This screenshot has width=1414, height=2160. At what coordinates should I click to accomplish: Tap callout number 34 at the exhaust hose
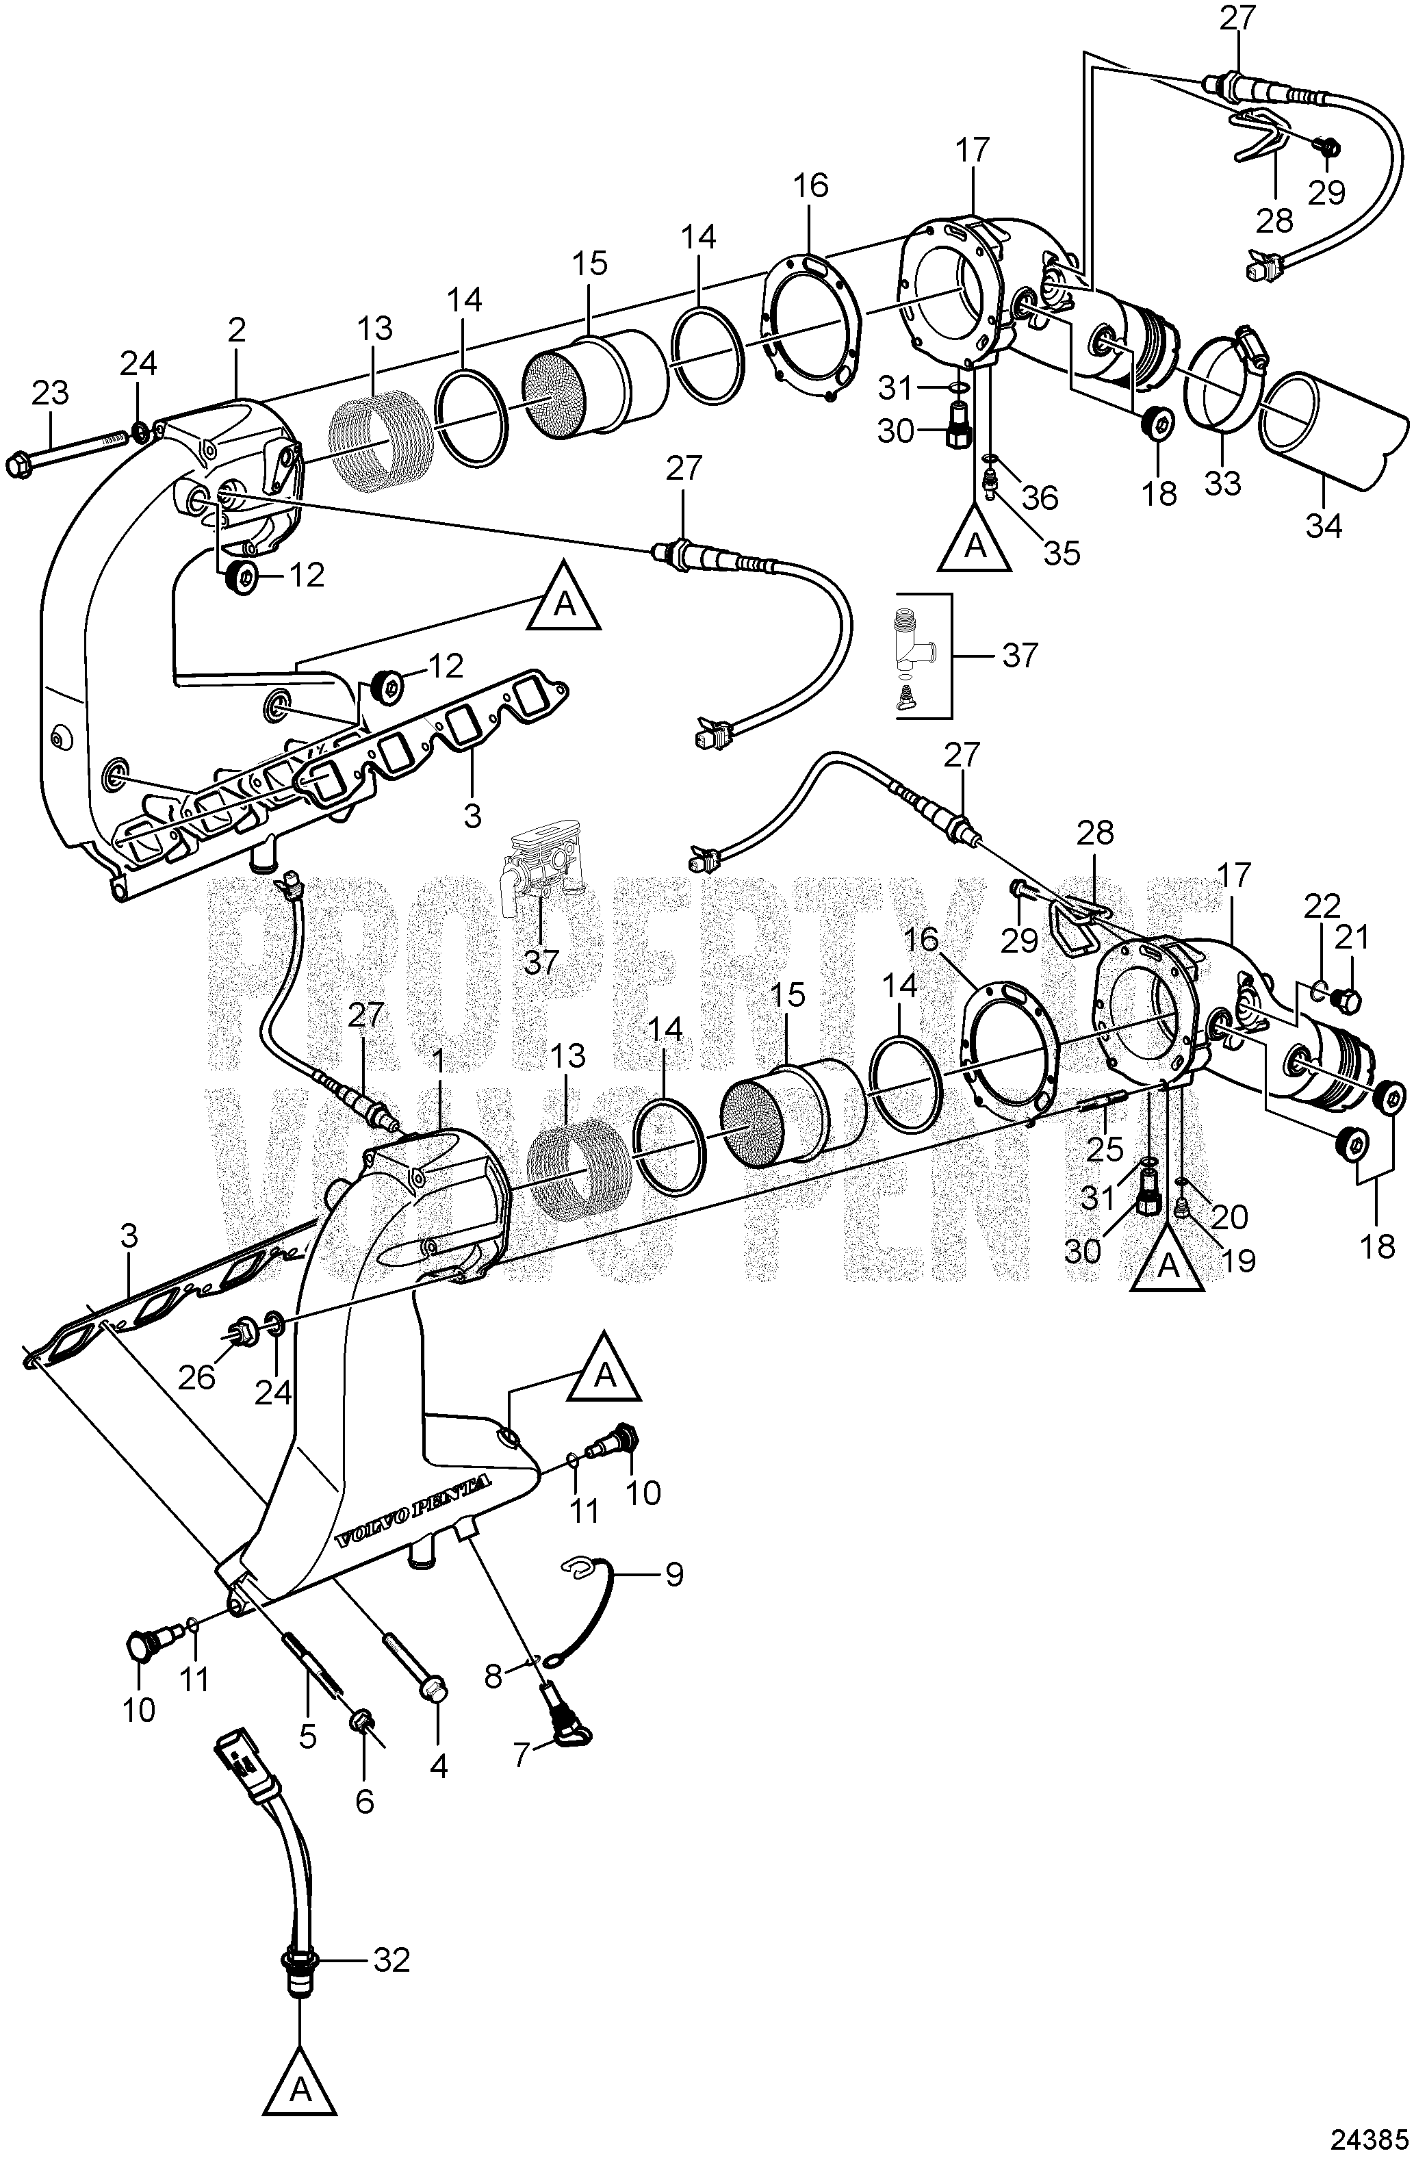(x=1322, y=526)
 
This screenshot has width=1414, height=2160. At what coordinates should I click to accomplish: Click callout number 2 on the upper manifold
(x=237, y=331)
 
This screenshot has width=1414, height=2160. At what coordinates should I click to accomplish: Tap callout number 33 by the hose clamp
(x=1222, y=482)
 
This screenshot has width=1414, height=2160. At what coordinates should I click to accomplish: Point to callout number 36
(x=1039, y=498)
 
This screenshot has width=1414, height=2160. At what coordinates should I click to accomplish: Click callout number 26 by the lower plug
(x=197, y=1378)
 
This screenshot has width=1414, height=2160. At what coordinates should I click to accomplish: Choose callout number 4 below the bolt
(x=438, y=1765)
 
